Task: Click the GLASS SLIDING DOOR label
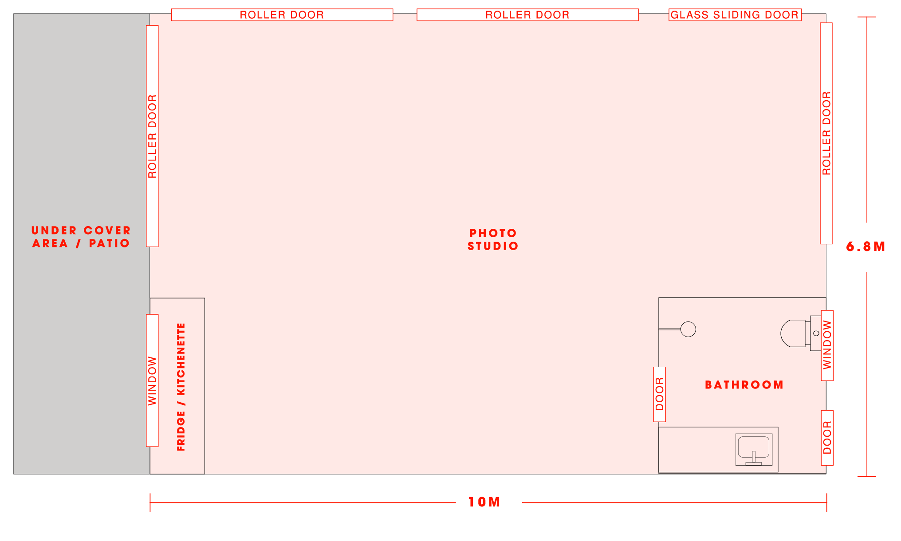click(x=735, y=15)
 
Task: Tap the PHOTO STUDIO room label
click(x=493, y=239)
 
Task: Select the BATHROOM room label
click(x=744, y=385)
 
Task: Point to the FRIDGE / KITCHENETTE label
click(x=181, y=387)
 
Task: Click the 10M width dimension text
click(x=484, y=502)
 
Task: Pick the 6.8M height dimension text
click(x=866, y=247)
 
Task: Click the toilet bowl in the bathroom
click(x=793, y=333)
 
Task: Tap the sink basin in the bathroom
click(x=753, y=447)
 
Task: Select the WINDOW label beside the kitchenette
click(x=152, y=380)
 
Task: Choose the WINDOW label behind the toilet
click(x=827, y=345)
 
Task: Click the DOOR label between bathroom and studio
click(x=660, y=394)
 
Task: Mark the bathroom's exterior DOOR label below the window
click(x=827, y=438)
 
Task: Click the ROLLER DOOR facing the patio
click(x=152, y=136)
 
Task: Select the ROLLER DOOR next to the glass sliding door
click(x=527, y=15)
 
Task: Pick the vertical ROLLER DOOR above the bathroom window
click(x=826, y=133)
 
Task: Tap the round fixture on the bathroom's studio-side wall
click(x=688, y=329)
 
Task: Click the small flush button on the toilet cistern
click(x=816, y=333)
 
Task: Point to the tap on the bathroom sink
click(x=753, y=457)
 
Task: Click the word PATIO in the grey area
click(x=109, y=243)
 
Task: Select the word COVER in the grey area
click(x=107, y=231)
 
